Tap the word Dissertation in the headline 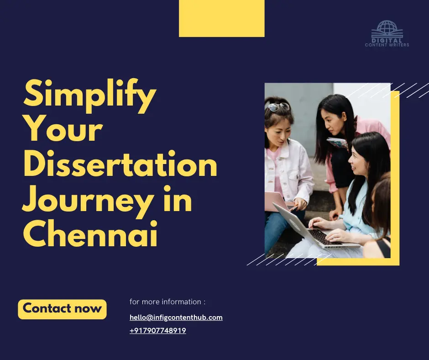(120, 166)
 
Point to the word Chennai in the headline (90, 235)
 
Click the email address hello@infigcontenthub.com (176, 317)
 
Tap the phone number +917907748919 (158, 330)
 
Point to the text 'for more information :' (167, 302)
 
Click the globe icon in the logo (387, 28)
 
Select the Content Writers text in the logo (387, 45)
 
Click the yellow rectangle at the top (221, 18)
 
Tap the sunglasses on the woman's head (278, 106)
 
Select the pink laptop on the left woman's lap (277, 201)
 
